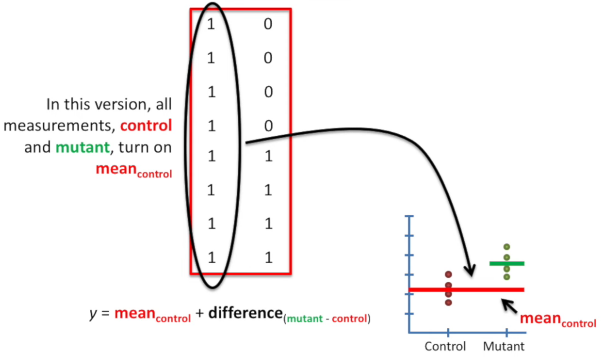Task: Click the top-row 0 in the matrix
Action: click(267, 24)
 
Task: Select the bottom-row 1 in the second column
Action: click(267, 258)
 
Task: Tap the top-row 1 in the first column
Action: click(211, 24)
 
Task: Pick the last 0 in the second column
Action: click(267, 125)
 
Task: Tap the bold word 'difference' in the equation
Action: click(244, 313)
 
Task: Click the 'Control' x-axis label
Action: click(445, 347)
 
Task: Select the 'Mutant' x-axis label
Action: click(504, 347)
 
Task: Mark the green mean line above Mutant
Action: click(507, 263)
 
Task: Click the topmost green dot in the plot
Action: click(507, 247)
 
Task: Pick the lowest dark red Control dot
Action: click(448, 302)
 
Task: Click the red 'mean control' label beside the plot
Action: click(557, 320)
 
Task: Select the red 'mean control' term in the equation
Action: click(152, 315)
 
